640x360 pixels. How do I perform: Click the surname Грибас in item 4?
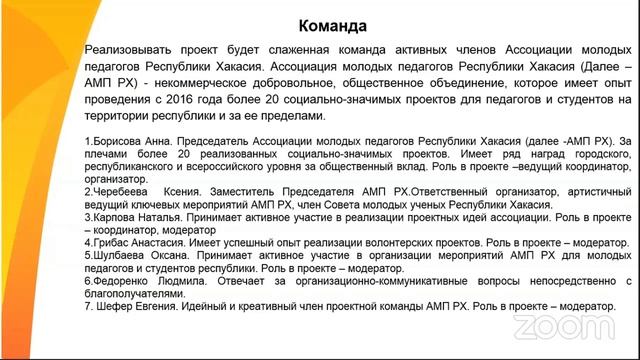pyautogui.click(x=109, y=242)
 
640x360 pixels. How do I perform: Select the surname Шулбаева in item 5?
pyautogui.click(x=118, y=255)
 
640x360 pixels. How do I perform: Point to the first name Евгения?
pyautogui.click(x=161, y=306)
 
